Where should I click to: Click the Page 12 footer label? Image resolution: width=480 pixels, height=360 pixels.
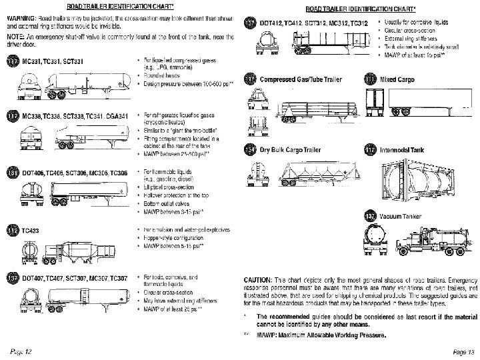[x=21, y=351]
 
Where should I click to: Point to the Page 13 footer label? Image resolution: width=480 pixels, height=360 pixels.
[x=462, y=351]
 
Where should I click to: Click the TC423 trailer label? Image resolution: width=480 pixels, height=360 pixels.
[x=31, y=231]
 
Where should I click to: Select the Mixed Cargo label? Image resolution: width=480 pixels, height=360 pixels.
[x=398, y=79]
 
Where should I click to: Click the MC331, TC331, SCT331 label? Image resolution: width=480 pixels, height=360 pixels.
[x=53, y=61]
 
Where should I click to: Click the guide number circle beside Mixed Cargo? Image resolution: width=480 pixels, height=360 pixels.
[x=371, y=79]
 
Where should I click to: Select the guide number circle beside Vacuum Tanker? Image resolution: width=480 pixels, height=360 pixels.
[x=371, y=216]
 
